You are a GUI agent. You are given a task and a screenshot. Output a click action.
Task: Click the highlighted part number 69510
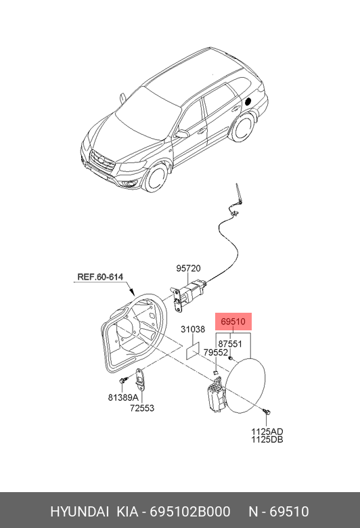[233, 322]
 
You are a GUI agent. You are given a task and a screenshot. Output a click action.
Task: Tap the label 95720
[188, 268]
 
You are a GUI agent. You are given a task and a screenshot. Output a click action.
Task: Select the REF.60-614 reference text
[100, 277]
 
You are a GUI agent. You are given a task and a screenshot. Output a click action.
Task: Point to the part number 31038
[193, 329]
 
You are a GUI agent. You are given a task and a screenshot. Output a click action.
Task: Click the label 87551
[230, 344]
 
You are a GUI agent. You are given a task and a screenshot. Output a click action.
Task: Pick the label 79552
[216, 352]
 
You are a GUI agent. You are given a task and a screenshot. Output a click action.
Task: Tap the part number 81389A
[123, 397]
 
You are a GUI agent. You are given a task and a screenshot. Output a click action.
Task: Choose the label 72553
[142, 408]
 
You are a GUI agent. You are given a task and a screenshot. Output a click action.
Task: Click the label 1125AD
[267, 431]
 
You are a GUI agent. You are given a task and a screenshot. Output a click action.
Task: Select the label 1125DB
[267, 439]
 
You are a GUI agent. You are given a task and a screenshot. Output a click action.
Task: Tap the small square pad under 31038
[193, 350]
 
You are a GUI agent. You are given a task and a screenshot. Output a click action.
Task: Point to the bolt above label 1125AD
[267, 412]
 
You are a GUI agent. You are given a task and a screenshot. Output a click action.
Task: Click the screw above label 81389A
[123, 380]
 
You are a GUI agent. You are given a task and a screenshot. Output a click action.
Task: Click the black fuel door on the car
[248, 101]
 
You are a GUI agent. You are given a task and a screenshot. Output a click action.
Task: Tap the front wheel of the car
[156, 177]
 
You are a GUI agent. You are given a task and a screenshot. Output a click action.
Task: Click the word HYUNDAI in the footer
[79, 512]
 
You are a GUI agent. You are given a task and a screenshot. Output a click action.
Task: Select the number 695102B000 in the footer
[190, 512]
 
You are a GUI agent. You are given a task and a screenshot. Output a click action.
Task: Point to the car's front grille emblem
[100, 160]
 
